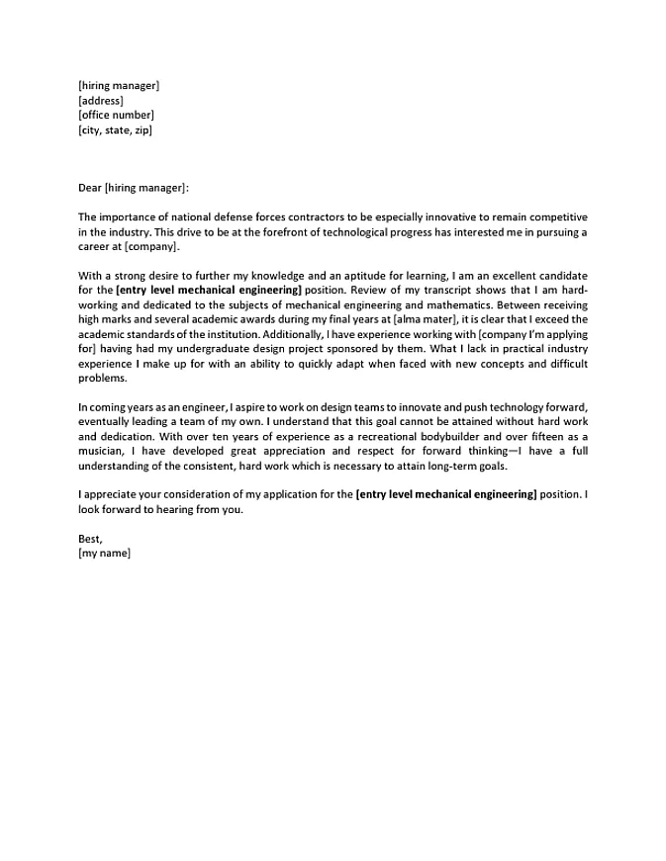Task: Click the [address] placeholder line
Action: click(100, 100)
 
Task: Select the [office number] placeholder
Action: click(116, 115)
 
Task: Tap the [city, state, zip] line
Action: click(115, 129)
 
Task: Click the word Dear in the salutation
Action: click(89, 188)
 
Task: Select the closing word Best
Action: click(89, 540)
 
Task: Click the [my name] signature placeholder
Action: click(104, 555)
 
